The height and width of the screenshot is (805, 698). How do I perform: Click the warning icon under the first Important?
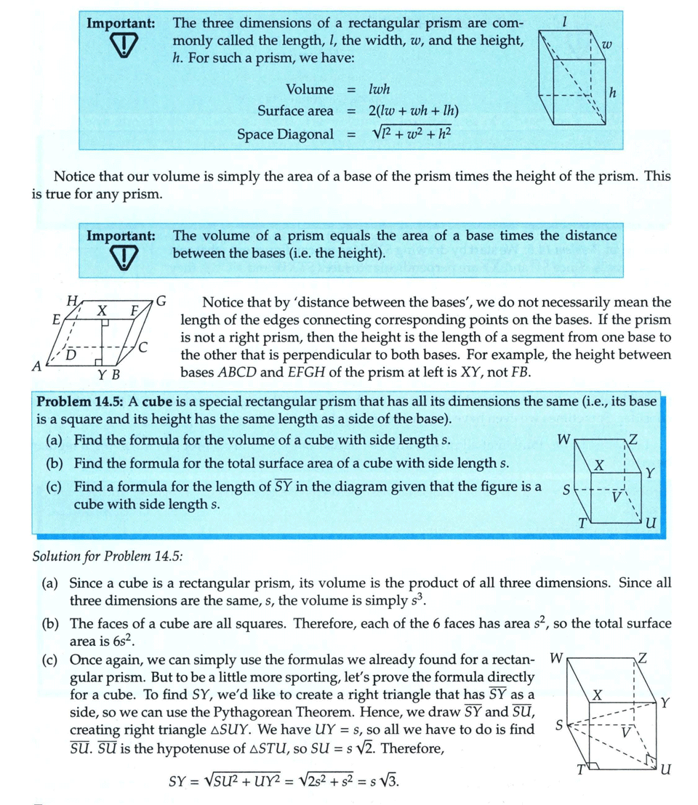pos(122,48)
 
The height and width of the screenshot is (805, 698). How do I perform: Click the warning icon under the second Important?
pos(122,260)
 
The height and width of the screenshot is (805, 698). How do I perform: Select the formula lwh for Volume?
pos(379,89)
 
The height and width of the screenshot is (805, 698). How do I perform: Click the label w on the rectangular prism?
pos(608,46)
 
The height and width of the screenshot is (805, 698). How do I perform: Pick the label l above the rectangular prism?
pos(565,23)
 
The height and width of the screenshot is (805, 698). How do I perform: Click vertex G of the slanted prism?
pos(161,299)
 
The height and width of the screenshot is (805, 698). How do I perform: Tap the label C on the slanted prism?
pos(144,348)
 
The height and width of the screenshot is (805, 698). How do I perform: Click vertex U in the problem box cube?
pos(651,523)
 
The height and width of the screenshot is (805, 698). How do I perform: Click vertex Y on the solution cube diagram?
pos(665,703)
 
